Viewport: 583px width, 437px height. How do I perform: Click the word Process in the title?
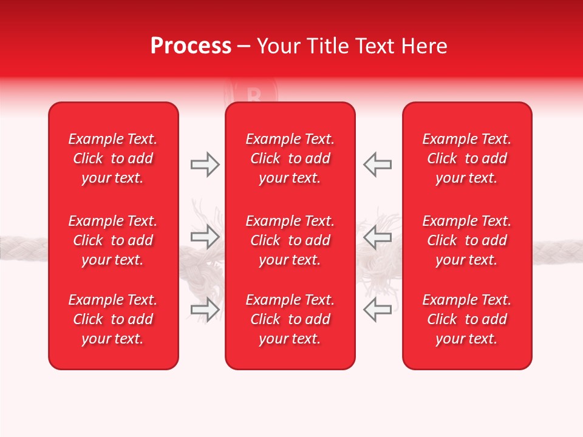point(191,46)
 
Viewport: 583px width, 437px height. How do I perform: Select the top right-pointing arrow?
point(205,164)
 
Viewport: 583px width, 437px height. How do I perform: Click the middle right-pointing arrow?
point(205,237)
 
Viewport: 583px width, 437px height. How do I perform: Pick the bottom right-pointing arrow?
point(205,310)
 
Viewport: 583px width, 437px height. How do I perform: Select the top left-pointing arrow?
point(377,164)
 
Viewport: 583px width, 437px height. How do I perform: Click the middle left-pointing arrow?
point(377,237)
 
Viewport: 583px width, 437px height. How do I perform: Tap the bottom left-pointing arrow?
point(377,310)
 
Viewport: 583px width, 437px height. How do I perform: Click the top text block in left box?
point(113,158)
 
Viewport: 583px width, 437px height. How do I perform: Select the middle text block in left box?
point(113,240)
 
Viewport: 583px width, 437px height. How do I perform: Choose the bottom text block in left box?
point(113,319)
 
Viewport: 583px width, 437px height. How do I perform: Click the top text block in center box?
point(290,158)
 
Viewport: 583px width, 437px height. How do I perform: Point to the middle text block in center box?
point(290,240)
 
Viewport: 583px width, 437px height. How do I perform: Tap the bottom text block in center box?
point(290,319)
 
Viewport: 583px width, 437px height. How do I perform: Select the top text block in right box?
point(466,158)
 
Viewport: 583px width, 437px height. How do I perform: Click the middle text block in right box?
point(466,240)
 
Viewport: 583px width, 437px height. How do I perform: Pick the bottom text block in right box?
point(466,319)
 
